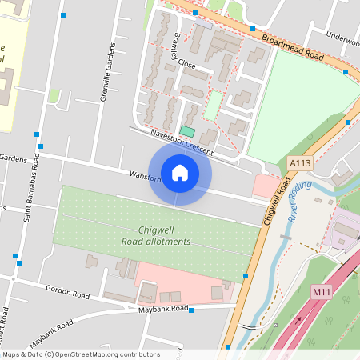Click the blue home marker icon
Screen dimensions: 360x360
point(180,173)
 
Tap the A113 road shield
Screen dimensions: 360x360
point(300,163)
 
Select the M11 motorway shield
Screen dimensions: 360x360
point(322,292)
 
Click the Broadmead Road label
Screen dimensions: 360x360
point(291,47)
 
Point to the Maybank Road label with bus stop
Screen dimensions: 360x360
point(162,309)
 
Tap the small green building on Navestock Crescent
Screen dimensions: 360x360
point(186,130)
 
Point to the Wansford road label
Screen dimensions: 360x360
point(144,176)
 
